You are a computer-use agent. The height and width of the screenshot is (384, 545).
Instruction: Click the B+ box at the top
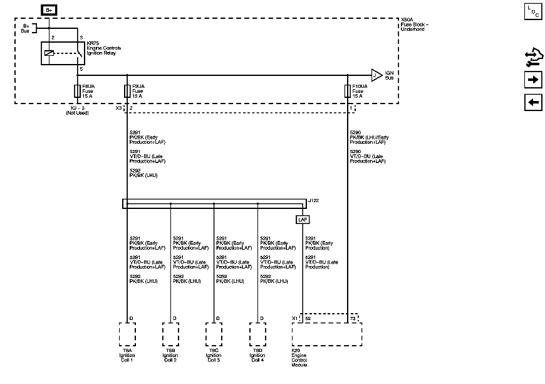[48, 10]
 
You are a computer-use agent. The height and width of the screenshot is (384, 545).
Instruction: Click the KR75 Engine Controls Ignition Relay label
[104, 48]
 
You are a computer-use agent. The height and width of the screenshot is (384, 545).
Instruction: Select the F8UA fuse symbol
[77, 90]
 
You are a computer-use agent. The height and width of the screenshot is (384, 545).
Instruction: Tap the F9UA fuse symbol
[127, 91]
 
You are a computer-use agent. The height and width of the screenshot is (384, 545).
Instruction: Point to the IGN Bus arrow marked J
[376, 75]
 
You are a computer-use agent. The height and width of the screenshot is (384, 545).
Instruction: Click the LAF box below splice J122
[303, 220]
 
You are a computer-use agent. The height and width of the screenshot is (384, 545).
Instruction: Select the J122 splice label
[313, 200]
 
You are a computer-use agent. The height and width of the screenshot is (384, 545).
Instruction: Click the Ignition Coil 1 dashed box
[127, 334]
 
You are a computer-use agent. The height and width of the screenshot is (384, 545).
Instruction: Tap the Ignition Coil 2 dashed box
[171, 334]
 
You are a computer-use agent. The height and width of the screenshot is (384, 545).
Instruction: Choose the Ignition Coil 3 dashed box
[214, 334]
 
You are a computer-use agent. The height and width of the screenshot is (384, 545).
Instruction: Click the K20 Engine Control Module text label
[301, 358]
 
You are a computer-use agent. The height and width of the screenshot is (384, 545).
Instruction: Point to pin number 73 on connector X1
[353, 319]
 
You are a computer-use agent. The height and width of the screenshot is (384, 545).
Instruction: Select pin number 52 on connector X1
[308, 319]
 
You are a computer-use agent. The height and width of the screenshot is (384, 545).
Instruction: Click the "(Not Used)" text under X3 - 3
[78, 113]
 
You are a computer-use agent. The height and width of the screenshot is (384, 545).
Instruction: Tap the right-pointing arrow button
[533, 80]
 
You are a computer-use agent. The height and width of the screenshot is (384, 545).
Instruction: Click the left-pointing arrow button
[533, 102]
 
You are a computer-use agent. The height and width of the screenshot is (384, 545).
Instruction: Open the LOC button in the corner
[532, 11]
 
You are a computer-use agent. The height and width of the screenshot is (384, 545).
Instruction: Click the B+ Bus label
[26, 28]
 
